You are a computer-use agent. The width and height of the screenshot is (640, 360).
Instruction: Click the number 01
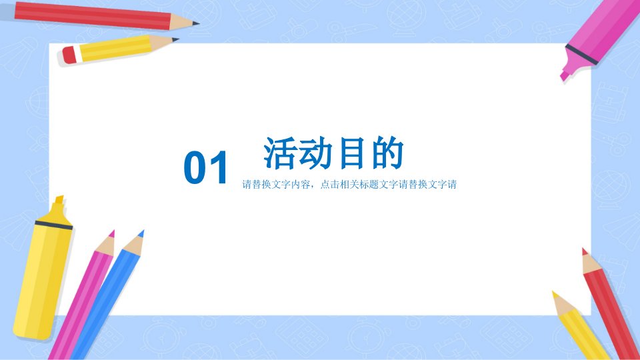click(205, 168)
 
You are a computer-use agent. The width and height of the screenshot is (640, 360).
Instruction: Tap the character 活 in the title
click(279, 153)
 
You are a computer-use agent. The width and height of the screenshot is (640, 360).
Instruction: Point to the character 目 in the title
click(351, 153)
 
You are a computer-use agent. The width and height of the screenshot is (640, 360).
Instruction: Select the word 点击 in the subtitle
click(330, 185)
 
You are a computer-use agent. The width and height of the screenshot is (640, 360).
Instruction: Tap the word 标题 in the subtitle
click(369, 185)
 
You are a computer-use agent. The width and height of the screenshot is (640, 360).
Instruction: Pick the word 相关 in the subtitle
click(350, 185)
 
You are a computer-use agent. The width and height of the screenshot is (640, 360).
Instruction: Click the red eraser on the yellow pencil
click(69, 55)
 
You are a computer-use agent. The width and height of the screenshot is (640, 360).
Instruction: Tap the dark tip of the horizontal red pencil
click(195, 23)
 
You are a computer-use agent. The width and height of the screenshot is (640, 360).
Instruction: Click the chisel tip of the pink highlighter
click(565, 76)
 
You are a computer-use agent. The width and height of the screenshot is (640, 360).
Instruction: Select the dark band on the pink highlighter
click(581, 54)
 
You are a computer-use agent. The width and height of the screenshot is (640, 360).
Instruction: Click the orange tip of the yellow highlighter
click(59, 199)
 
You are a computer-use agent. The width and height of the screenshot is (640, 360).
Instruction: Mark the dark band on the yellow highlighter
click(54, 225)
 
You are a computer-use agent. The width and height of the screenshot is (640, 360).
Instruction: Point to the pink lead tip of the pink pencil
click(112, 234)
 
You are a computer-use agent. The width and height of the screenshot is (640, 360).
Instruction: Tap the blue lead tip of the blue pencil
click(141, 234)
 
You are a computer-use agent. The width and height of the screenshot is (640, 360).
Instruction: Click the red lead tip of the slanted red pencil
click(585, 251)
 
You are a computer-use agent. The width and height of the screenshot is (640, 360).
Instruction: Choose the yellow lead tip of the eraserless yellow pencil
click(555, 295)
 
